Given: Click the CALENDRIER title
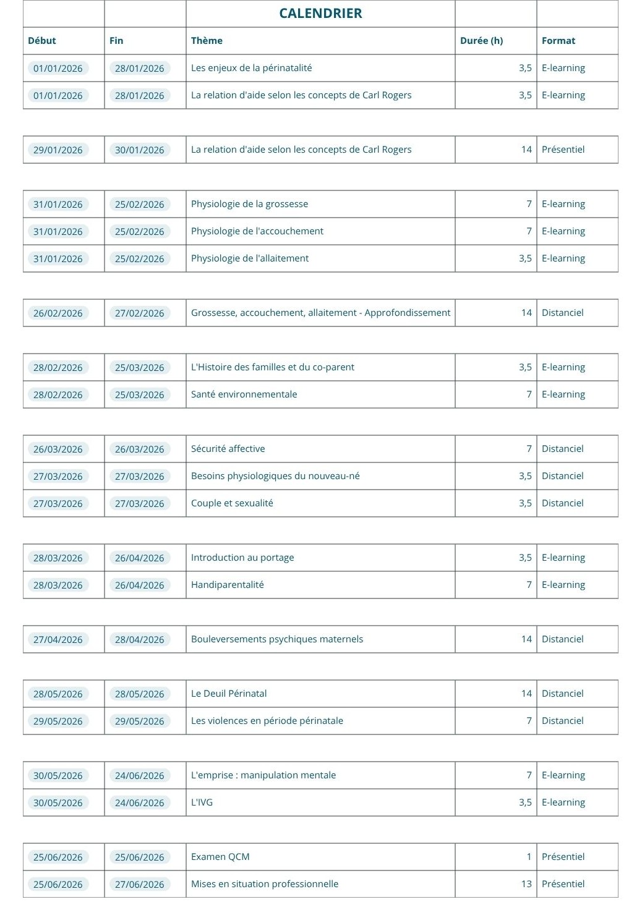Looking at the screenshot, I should tap(320, 14).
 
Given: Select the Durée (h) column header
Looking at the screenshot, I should tap(481, 41).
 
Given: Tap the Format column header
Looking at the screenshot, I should tap(558, 41).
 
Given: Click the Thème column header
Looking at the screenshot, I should tap(207, 41).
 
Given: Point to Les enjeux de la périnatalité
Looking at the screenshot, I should tap(251, 68).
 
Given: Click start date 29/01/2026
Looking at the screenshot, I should tap(58, 150).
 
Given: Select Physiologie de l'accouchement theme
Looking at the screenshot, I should tap(257, 231).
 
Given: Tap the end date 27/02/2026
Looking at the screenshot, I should tap(139, 313).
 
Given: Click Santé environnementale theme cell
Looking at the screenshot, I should tap(244, 394).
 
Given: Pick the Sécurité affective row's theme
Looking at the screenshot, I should tap(228, 449).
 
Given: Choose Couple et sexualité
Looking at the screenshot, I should tap(232, 503).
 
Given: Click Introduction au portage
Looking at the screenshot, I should tap(242, 558).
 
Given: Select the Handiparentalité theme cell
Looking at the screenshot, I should tap(227, 585).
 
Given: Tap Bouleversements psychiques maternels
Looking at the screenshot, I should tap(276, 639).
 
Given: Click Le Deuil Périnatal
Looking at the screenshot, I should tap(229, 694).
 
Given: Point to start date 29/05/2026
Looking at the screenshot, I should tap(58, 721).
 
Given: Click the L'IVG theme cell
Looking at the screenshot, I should tap(202, 802).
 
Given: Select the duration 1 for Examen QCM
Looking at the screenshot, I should tap(529, 857).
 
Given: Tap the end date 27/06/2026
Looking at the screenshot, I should tap(139, 884).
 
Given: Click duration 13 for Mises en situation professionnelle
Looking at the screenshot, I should tap(526, 884).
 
